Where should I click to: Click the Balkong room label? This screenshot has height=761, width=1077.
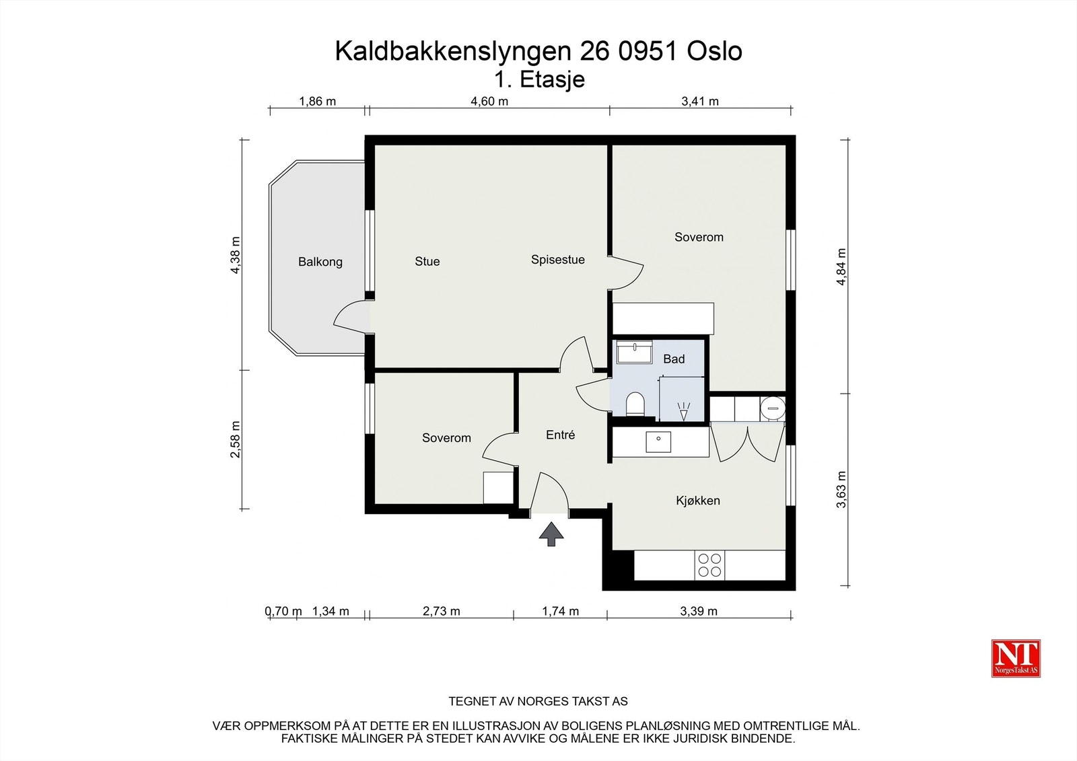[320, 262]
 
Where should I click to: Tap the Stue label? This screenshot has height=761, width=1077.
[427, 261]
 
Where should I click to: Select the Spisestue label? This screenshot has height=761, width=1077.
[557, 260]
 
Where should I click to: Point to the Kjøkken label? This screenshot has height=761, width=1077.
[698, 501]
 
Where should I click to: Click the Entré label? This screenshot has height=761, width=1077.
[560, 435]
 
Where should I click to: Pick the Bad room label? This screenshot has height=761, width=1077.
[674, 359]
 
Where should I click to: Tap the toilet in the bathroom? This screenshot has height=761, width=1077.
[635, 404]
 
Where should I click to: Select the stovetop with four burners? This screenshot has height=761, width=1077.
[710, 565]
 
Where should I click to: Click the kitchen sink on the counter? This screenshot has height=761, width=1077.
[658, 442]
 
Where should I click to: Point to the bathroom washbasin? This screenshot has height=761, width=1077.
[634, 352]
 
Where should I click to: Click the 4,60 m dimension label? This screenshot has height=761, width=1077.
[489, 102]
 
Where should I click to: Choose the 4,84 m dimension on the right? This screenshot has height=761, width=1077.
[841, 267]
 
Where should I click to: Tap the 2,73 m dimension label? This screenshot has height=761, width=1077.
[442, 611]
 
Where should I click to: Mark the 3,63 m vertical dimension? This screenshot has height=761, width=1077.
[841, 489]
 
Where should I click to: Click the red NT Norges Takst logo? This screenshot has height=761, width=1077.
[1016, 658]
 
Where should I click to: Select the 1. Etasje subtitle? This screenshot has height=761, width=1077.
[539, 79]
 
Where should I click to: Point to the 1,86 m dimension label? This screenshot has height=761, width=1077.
[318, 102]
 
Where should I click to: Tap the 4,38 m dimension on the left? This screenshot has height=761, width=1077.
[235, 255]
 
